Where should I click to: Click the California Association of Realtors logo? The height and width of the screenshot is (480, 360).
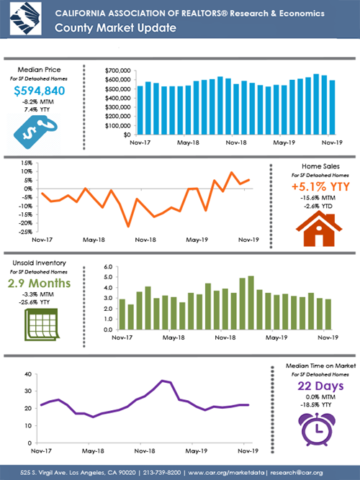pyautogui.click(x=22, y=20)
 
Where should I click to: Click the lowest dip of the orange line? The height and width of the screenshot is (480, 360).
pyautogui.click(x=128, y=227)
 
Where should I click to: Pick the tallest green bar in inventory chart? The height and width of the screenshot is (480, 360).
pyautogui.click(x=251, y=302)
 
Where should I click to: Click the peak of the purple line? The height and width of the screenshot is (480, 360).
pyautogui.click(x=163, y=380)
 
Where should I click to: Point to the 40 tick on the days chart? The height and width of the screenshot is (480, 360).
pyautogui.click(x=30, y=374)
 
